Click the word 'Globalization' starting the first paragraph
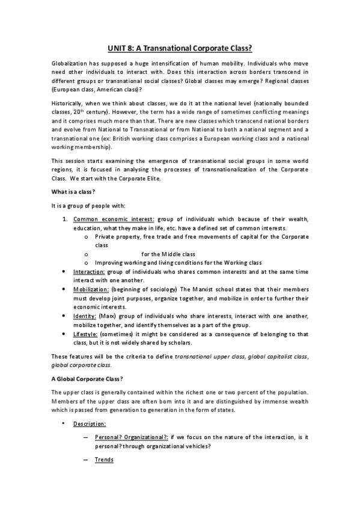[69, 63]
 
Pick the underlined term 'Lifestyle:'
[87, 333]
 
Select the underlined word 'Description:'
[90, 424]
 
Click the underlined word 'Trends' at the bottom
[104, 460]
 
